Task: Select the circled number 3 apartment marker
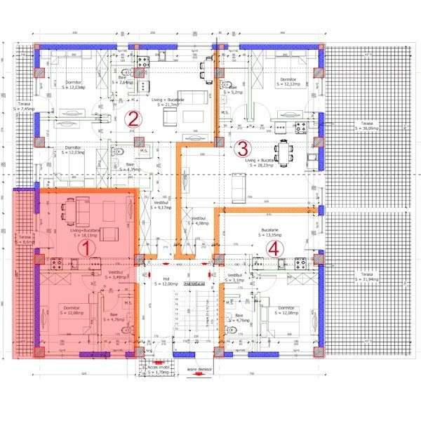(x=242, y=149)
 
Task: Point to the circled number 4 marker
(x=274, y=248)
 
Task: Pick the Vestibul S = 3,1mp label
(x=234, y=278)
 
